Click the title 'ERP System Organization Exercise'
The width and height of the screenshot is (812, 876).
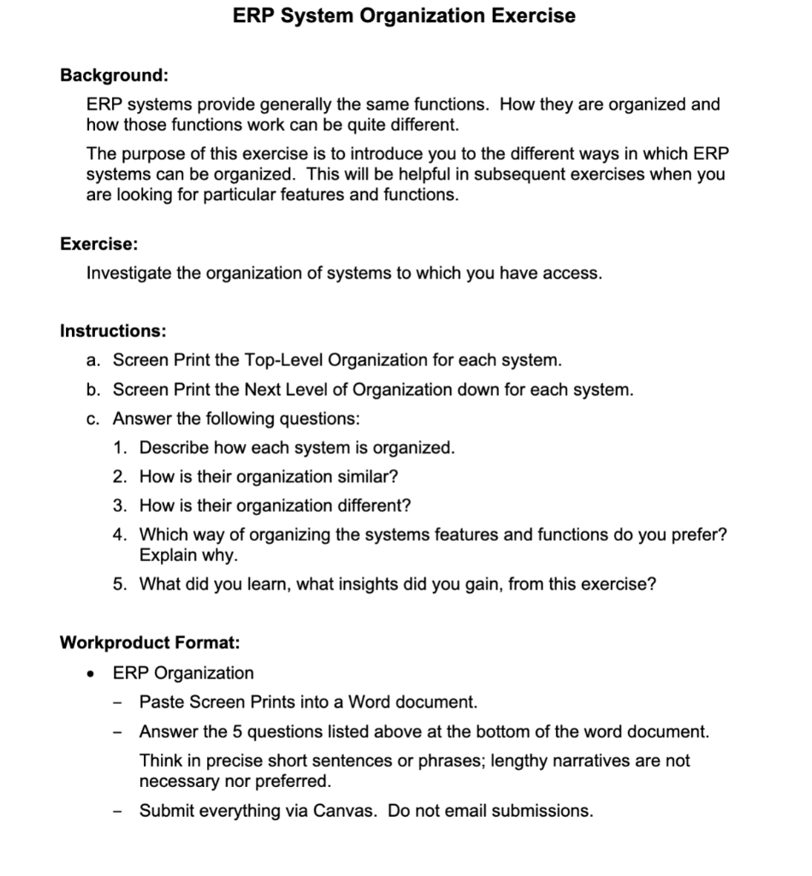(x=405, y=15)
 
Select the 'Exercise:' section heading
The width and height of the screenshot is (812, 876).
(x=98, y=244)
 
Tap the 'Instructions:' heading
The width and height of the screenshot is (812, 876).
(x=113, y=330)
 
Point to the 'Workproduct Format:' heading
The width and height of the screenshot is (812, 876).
(x=150, y=642)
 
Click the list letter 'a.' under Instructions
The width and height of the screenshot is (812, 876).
(x=95, y=359)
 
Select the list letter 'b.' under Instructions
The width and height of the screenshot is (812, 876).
(x=95, y=390)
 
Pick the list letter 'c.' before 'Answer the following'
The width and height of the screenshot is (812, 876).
(x=95, y=419)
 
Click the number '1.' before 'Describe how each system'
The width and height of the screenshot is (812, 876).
(x=121, y=448)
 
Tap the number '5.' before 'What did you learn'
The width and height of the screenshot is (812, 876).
(x=121, y=585)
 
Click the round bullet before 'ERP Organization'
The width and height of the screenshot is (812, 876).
(x=91, y=673)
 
